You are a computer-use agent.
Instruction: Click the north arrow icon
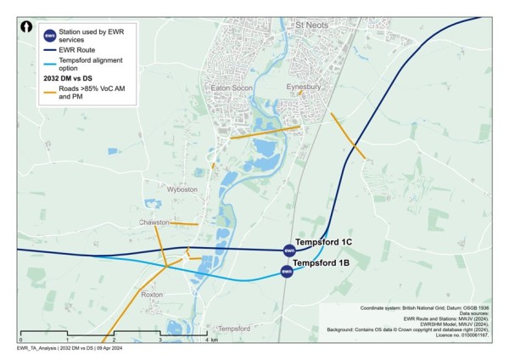[x=27, y=27]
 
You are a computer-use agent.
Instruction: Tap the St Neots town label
[x=311, y=27]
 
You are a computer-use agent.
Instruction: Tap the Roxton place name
[x=152, y=294]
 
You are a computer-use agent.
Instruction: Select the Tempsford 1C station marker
[x=288, y=250]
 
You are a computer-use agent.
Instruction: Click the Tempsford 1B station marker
[x=287, y=271]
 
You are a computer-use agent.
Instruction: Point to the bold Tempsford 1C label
[x=323, y=242]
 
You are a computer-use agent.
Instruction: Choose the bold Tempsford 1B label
[x=322, y=264]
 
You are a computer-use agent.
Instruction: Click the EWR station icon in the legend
[x=50, y=35]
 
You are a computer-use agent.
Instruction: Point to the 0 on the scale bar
[x=20, y=340]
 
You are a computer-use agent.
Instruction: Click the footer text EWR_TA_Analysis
[x=36, y=349]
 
